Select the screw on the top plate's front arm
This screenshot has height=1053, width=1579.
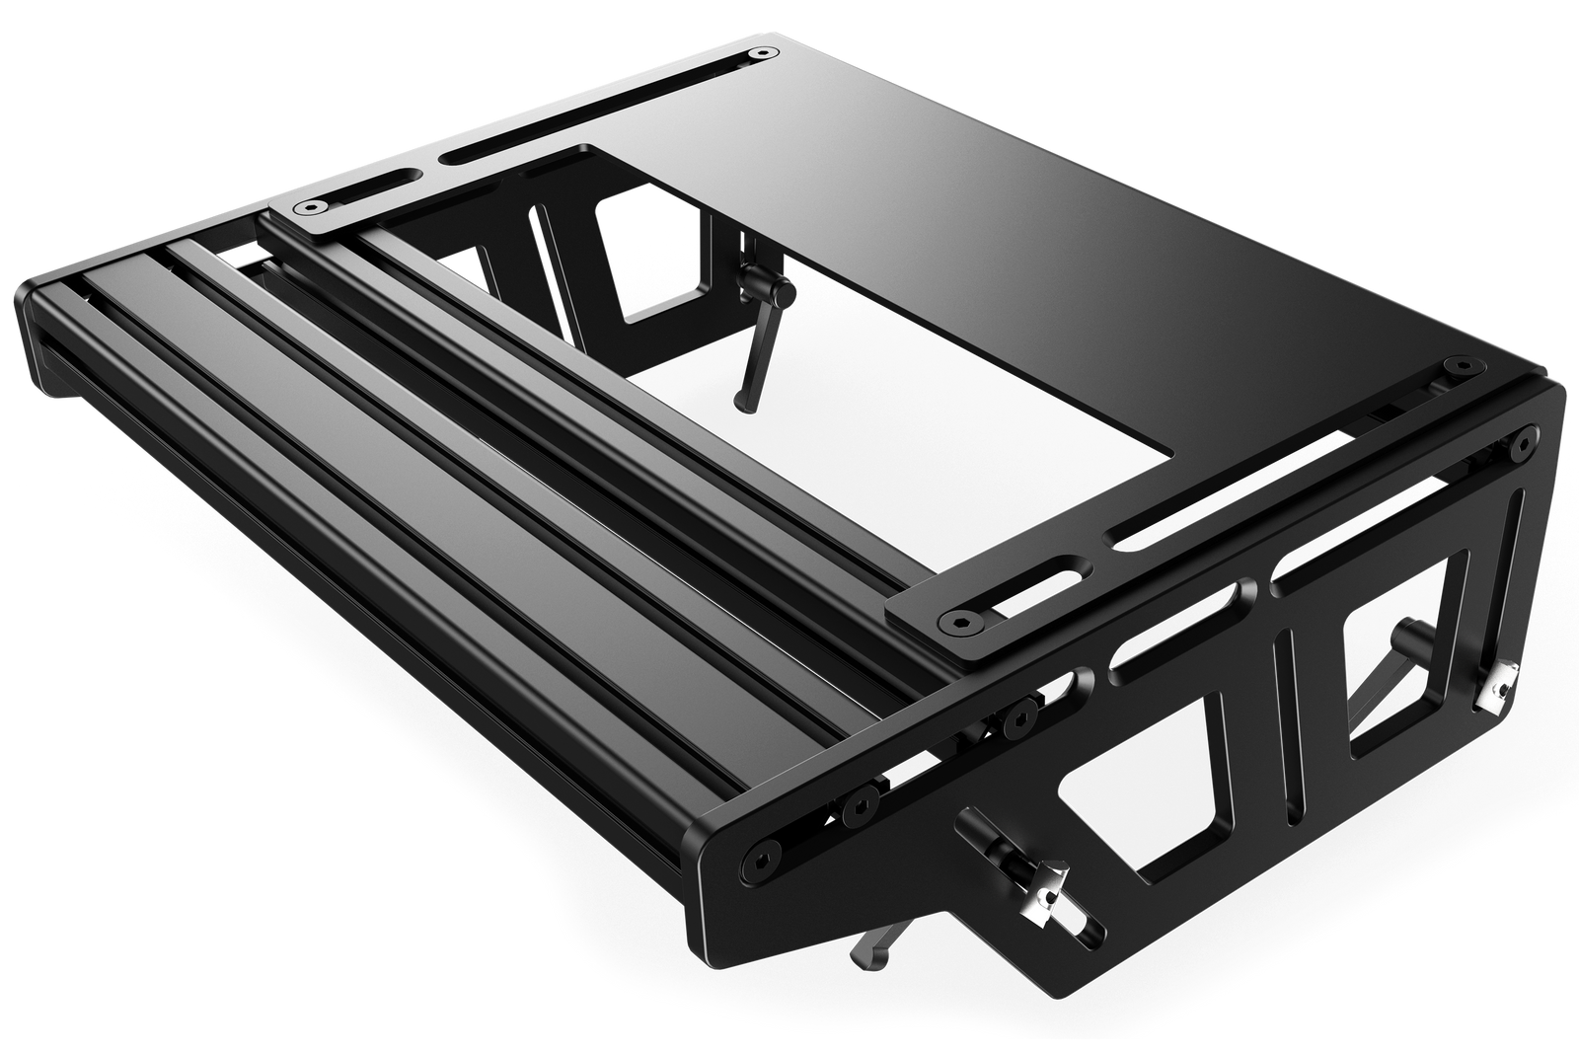[x=960, y=623]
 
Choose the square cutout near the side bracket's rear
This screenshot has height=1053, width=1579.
[x=1396, y=681]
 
